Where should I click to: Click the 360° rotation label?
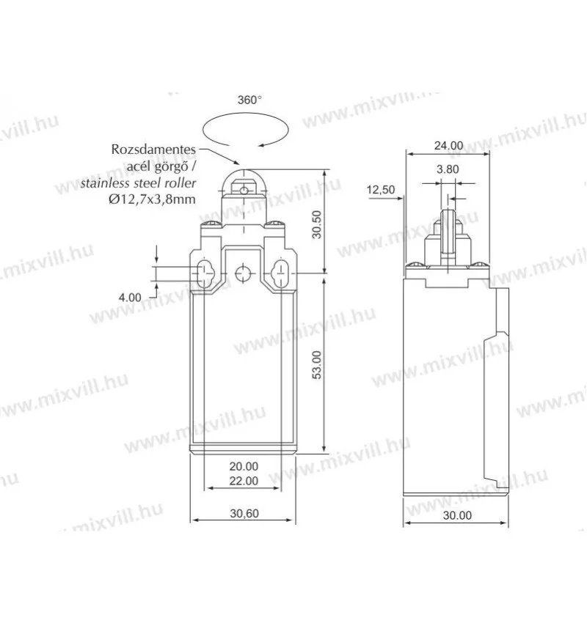pyautogui.click(x=249, y=100)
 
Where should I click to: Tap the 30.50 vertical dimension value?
pyautogui.click(x=316, y=224)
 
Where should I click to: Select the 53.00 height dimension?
pyautogui.click(x=316, y=365)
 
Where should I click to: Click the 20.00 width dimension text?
pyautogui.click(x=244, y=466)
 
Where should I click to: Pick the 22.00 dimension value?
pyautogui.click(x=244, y=481)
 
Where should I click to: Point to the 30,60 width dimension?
pyautogui.click(x=244, y=513)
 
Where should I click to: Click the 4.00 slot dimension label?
pyautogui.click(x=130, y=297)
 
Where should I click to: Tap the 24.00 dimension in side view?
pyautogui.click(x=448, y=145)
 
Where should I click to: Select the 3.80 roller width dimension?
pyautogui.click(x=448, y=169)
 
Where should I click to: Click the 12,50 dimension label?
pyautogui.click(x=381, y=190)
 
